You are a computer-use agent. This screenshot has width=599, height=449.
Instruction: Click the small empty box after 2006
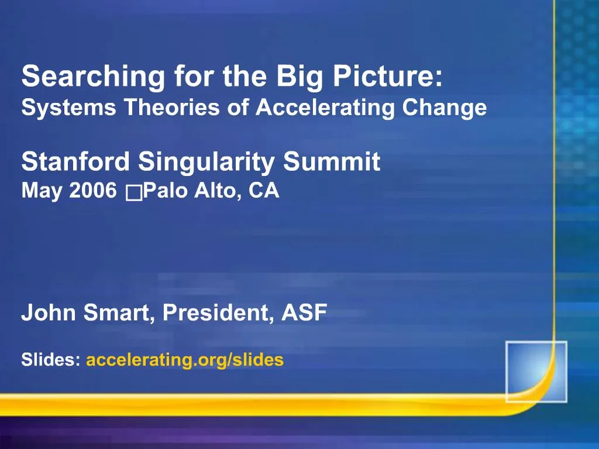133,192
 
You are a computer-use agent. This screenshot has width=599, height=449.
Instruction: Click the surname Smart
119,313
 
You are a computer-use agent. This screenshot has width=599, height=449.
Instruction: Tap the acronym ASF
304,313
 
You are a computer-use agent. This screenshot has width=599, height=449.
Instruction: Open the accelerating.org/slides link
185,360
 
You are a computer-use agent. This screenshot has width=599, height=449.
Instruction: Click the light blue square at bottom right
536,371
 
